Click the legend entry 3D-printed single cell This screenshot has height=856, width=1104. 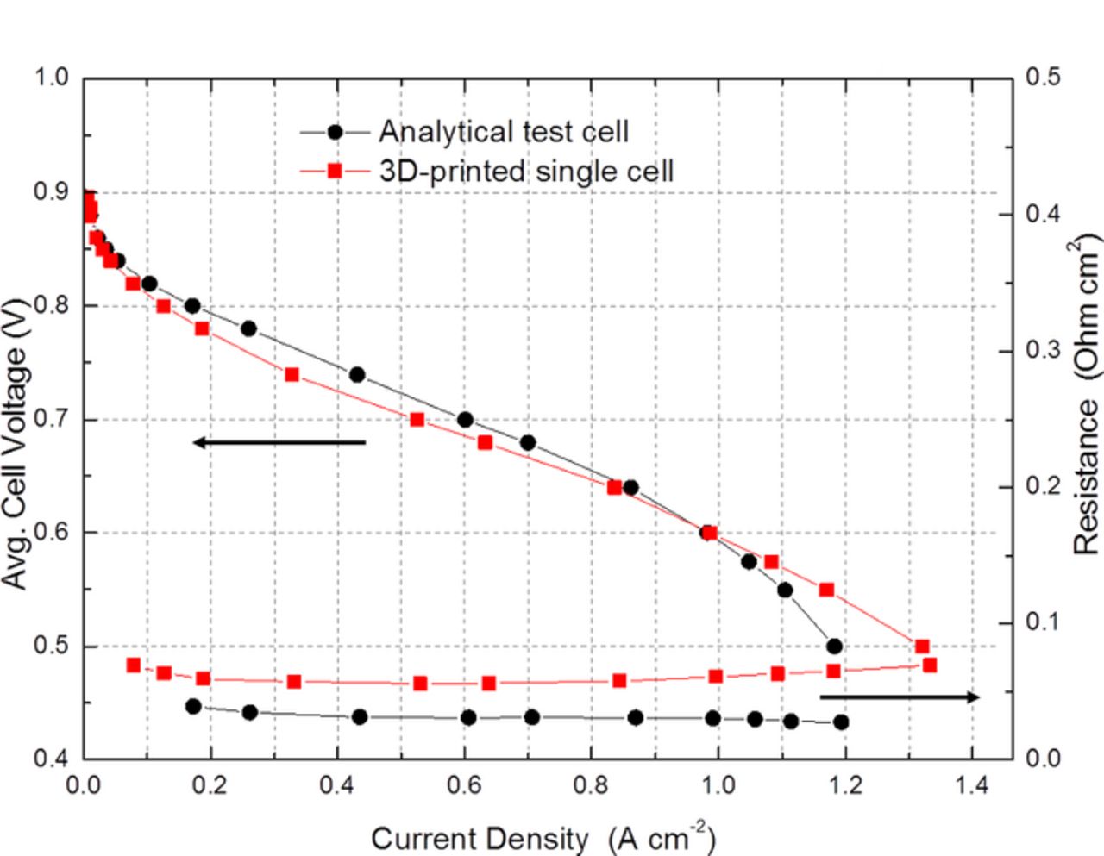coord(526,171)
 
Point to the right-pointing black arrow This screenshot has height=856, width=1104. coord(900,697)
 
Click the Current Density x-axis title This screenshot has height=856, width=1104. coord(543,838)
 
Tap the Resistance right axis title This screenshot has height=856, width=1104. coord(1087,397)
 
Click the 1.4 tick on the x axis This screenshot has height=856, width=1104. coord(972,785)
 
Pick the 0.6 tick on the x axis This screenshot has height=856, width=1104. coord(464,785)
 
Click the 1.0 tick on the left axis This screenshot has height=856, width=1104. coord(51,78)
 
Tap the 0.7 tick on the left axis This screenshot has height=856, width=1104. coord(51,420)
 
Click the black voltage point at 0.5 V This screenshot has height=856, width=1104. coord(834,647)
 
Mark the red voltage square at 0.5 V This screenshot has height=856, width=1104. coord(922,647)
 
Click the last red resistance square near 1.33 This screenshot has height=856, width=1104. coord(930,665)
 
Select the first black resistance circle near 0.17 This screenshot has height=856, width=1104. coord(193,706)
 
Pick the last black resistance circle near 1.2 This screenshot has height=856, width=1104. coord(841,722)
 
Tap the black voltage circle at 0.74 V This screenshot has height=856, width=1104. coord(357,374)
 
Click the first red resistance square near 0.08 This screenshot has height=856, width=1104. coord(133,665)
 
